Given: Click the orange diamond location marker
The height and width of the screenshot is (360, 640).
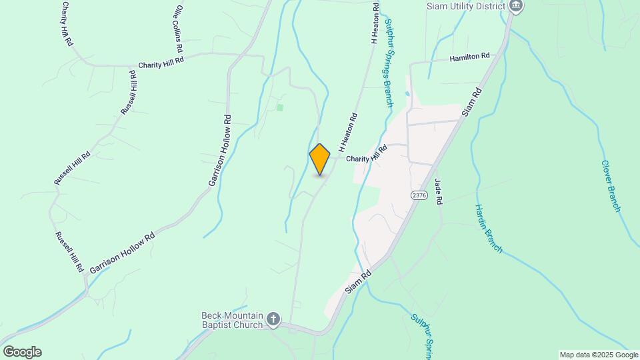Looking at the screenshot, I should [x=320, y=159].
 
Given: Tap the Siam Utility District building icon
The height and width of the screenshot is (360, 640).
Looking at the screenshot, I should [x=515, y=6].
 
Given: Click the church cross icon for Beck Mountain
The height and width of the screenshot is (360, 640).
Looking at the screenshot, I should [x=273, y=320].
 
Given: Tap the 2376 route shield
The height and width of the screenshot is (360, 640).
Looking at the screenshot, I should [x=419, y=195].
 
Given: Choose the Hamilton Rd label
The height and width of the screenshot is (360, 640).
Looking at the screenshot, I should [x=469, y=58].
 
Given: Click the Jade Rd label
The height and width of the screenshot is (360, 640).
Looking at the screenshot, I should [x=439, y=191].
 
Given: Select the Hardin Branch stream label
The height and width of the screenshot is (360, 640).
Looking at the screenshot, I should [x=489, y=228].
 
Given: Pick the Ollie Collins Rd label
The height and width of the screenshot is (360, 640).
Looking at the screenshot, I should [x=178, y=29].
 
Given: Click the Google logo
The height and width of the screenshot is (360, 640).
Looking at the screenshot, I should [x=22, y=352].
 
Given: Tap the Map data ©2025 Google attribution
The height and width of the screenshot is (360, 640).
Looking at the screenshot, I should [x=599, y=355].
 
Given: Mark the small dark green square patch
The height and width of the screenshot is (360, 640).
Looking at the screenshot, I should [x=280, y=107].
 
